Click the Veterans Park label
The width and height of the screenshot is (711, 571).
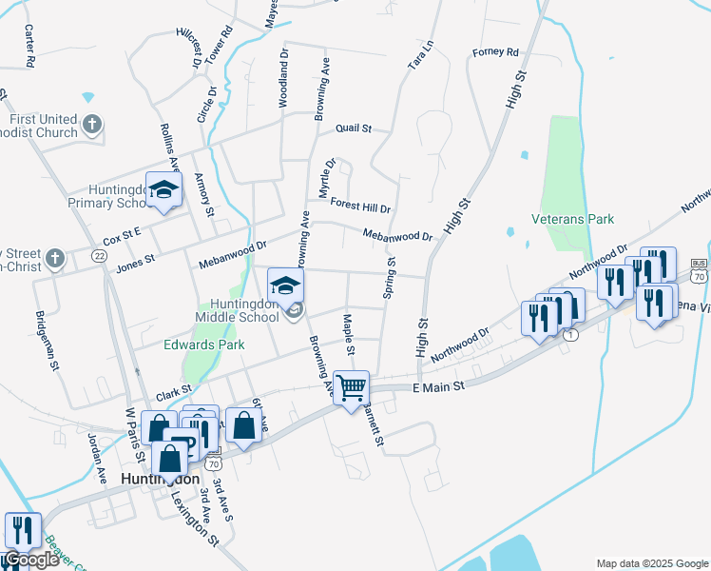pyautogui.click(x=573, y=219)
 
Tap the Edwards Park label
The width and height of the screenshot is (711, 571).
pyautogui.click(x=204, y=345)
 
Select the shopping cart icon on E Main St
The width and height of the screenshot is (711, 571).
pyautogui.click(x=352, y=387)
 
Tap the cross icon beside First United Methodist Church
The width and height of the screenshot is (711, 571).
pyautogui.click(x=92, y=125)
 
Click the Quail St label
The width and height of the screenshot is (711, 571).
pyautogui.click(x=354, y=128)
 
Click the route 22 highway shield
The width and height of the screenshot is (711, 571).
pyautogui.click(x=100, y=256)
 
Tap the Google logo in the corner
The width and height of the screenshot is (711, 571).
pyautogui.click(x=30, y=560)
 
